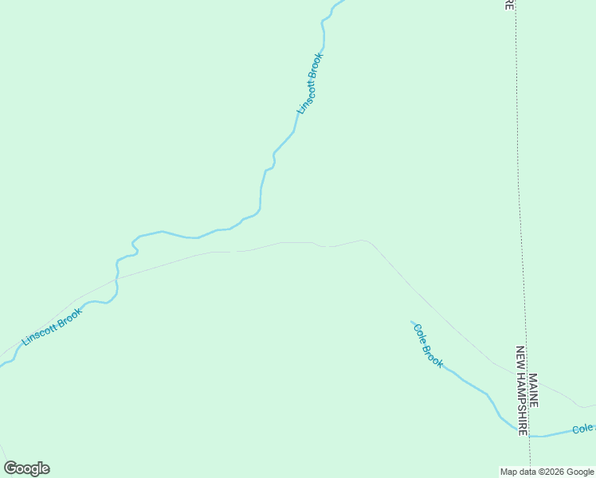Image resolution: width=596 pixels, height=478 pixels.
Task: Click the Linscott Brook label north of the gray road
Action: [x=310, y=83]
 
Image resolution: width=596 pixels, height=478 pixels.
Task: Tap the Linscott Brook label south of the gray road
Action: [x=52, y=327]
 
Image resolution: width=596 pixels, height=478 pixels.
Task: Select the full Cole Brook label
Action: [x=428, y=344]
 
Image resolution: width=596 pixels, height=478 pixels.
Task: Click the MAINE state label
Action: [x=533, y=390]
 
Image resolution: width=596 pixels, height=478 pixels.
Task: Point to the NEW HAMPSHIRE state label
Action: [x=523, y=390]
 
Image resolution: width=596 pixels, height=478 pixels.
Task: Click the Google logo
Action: [x=26, y=468]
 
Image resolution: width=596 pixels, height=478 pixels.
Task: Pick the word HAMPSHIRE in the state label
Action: [x=523, y=402]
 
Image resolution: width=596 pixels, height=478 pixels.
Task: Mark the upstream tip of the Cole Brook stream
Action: [x=412, y=322]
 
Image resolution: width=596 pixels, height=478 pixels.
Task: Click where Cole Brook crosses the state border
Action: [x=528, y=435]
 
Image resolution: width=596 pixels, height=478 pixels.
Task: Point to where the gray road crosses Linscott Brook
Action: [x=117, y=278]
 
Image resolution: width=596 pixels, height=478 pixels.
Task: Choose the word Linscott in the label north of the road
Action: [x=305, y=94]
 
